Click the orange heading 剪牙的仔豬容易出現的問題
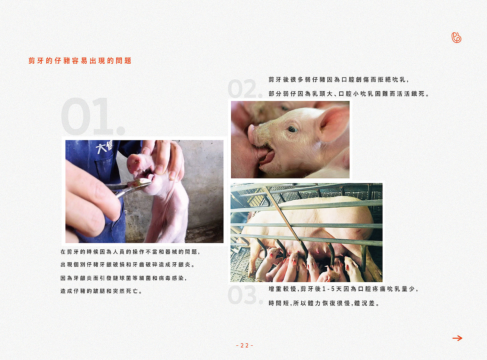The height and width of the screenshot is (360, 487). pyautogui.click(x=80, y=61)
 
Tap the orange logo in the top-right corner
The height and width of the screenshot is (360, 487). pyautogui.click(x=456, y=38)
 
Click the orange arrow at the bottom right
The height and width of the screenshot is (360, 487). pyautogui.click(x=457, y=338)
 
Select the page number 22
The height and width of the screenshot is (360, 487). pyautogui.click(x=245, y=345)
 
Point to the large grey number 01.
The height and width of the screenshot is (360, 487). pyautogui.click(x=93, y=117)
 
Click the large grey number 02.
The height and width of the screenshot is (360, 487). pyautogui.click(x=245, y=88)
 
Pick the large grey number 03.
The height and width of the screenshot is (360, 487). pyautogui.click(x=245, y=295)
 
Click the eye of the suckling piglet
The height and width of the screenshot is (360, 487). pyautogui.click(x=292, y=129)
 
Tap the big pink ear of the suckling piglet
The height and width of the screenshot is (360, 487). pyautogui.click(x=333, y=124)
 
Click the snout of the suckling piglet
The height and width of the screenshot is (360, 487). pyautogui.click(x=252, y=134)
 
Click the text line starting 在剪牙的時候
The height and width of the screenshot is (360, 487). pyautogui.click(x=130, y=252)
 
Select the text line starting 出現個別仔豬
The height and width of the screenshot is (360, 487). pyautogui.click(x=128, y=265)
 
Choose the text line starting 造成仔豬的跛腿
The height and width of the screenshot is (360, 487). pyautogui.click(x=102, y=291)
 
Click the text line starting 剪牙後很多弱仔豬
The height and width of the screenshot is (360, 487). pyautogui.click(x=339, y=80)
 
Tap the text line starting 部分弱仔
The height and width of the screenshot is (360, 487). pyautogui.click(x=349, y=94)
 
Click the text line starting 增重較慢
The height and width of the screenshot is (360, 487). pyautogui.click(x=343, y=289)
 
